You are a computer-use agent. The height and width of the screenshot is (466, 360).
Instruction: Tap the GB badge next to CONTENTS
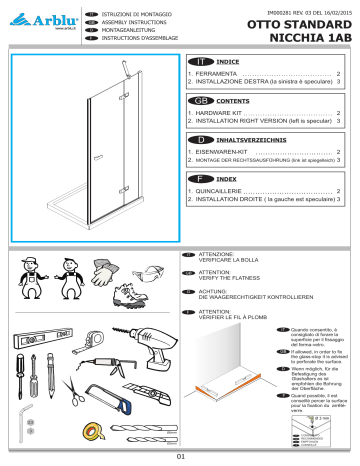[x=200, y=102]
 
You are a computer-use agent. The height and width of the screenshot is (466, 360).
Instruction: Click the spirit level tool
[x=39, y=340]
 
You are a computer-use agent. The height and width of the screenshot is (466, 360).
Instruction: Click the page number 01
[x=181, y=459]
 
